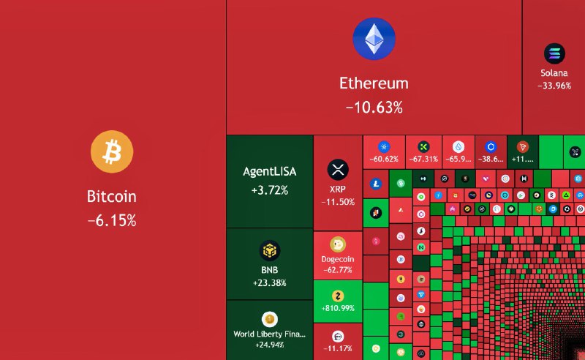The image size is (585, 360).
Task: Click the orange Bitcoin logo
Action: (112, 153)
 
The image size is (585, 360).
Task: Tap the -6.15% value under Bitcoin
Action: (112, 220)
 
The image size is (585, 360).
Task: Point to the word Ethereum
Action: (374, 83)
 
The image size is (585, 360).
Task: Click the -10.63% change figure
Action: (374, 108)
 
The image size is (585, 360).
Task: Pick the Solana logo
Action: (554, 53)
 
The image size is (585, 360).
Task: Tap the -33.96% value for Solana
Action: (554, 86)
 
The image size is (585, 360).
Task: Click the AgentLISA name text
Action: (269, 173)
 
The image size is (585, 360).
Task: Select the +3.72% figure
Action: (269, 190)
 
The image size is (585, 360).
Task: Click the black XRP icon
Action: (337, 170)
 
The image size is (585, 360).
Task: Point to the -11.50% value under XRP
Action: (337, 202)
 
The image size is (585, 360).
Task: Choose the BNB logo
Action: (269, 252)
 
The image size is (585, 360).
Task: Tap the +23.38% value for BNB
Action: (269, 282)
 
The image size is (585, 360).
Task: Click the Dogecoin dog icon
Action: (337, 244)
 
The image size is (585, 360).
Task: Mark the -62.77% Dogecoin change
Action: (337, 270)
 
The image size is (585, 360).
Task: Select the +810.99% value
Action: (337, 309)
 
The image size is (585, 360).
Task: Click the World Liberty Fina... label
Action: (269, 334)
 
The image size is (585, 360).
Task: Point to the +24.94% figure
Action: (269, 345)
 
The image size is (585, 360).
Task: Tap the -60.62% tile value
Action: (384, 159)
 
